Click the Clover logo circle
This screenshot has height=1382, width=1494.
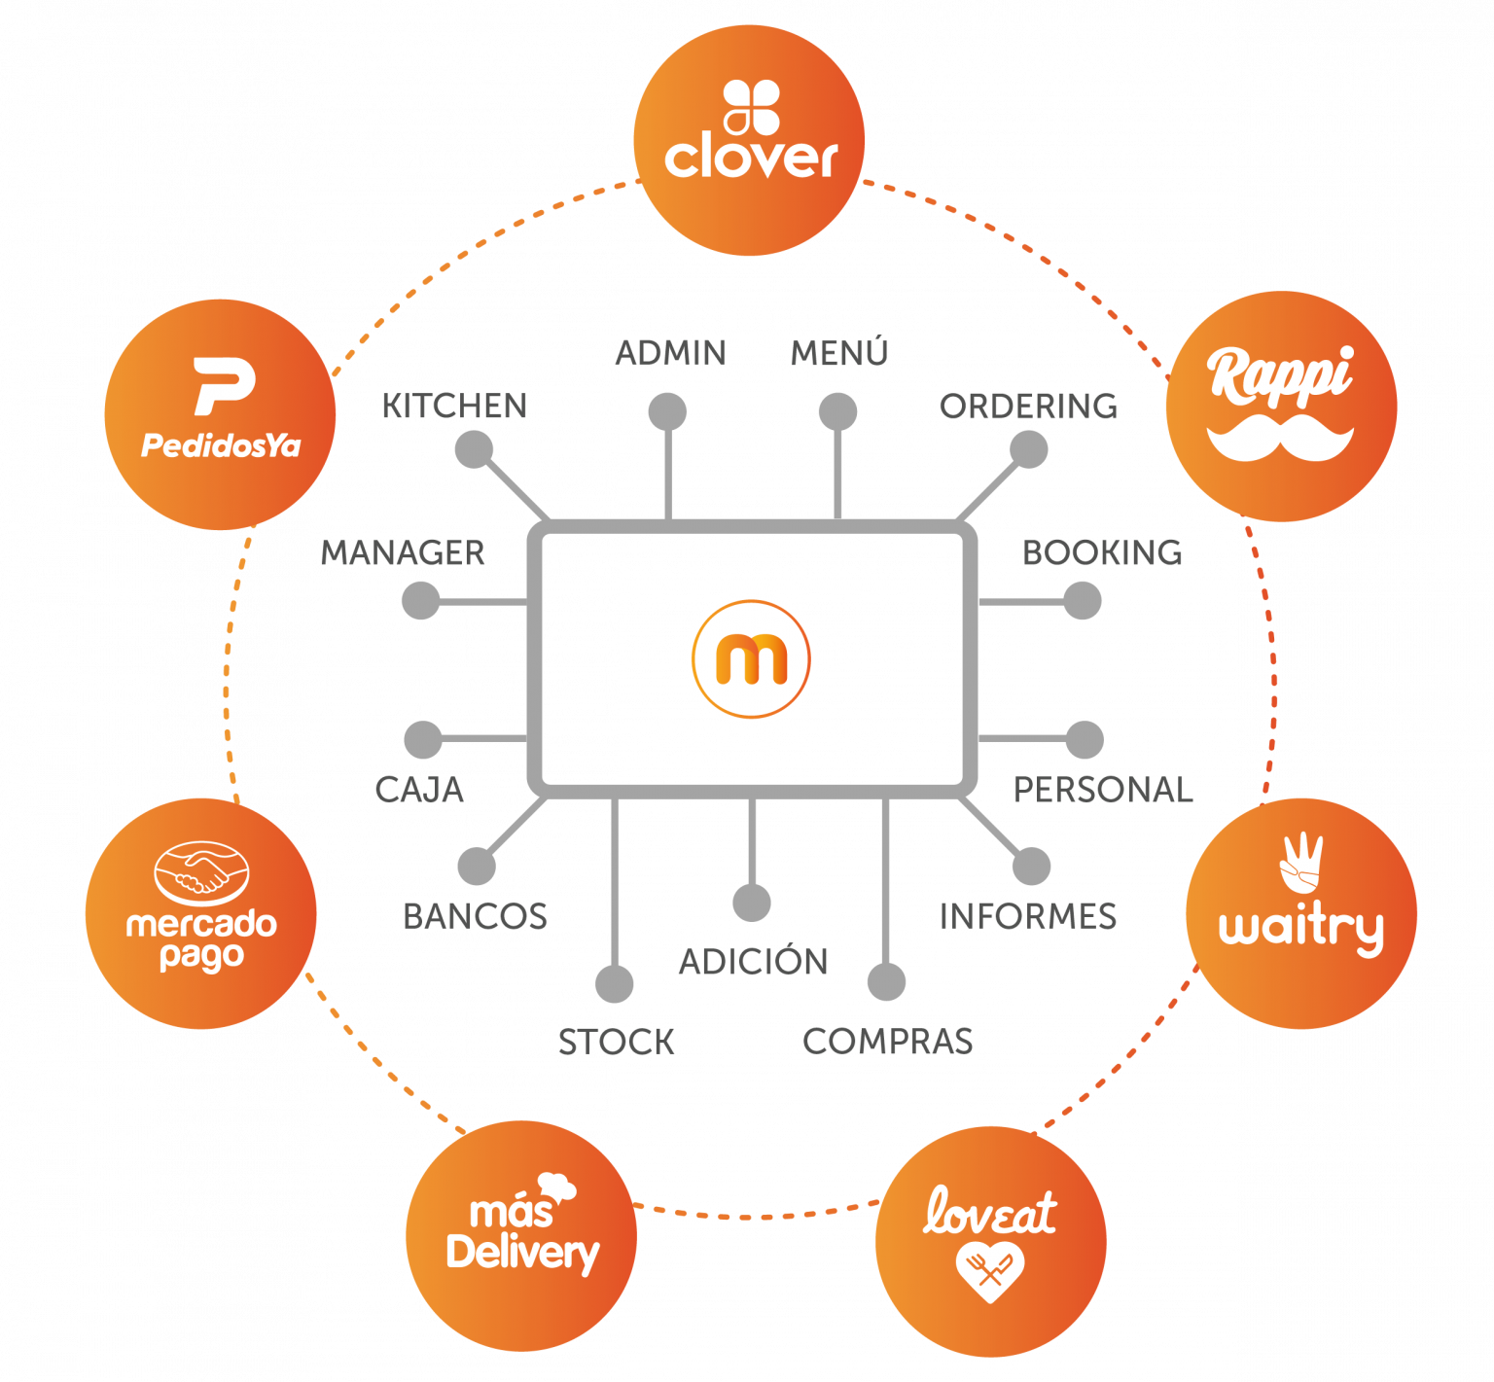click(x=749, y=141)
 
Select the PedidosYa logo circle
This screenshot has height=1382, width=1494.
click(x=221, y=414)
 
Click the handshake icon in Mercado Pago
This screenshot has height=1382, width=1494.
click(x=202, y=870)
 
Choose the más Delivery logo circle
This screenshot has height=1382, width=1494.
click(x=521, y=1235)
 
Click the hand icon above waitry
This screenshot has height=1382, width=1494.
click(x=1301, y=862)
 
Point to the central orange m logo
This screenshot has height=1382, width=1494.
click(x=751, y=659)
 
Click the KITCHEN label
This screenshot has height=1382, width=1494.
click(x=454, y=406)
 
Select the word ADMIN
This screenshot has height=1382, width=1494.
click(x=670, y=352)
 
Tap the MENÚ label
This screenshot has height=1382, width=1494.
click(x=839, y=352)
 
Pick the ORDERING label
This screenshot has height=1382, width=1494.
click(x=1028, y=406)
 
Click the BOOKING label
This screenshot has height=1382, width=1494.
click(x=1101, y=552)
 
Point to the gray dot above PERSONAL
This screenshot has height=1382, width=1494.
click(x=1085, y=740)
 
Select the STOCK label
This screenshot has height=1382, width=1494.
click(x=616, y=1042)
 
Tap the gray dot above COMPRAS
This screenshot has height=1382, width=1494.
click(x=886, y=982)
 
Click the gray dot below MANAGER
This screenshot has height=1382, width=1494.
click(x=420, y=601)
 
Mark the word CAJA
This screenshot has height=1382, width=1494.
click(x=419, y=789)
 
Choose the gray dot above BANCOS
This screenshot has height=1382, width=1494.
click(x=477, y=866)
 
